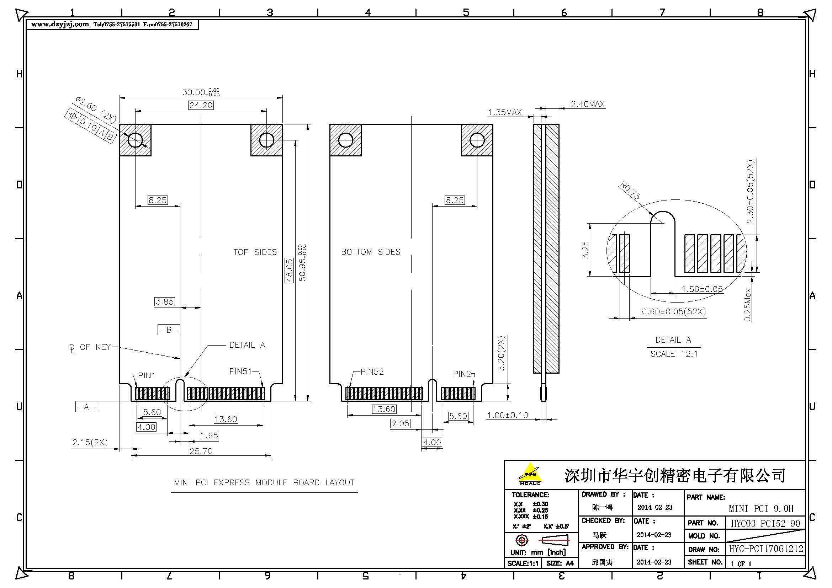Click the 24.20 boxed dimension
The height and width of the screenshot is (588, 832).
pos(201,105)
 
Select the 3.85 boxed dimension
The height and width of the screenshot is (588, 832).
pos(165,301)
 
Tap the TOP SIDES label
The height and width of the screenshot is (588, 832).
pos(255,252)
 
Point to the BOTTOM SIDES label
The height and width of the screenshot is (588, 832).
pos(370,252)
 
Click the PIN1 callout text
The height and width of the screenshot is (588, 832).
pos(147,375)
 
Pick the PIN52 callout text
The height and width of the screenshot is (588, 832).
pos(372,371)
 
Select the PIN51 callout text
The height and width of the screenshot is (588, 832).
pos(240,371)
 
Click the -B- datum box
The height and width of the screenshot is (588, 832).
pos(169,330)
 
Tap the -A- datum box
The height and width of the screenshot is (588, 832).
pos(86,407)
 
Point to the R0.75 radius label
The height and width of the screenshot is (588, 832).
pos(630,191)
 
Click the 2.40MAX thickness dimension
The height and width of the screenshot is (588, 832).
pos(587,104)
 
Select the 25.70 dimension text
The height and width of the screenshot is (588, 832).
pos(201,451)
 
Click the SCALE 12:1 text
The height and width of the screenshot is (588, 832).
pos(674,354)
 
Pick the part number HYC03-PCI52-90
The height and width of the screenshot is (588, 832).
pos(765,524)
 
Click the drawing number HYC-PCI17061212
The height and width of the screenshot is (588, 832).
pos(766,549)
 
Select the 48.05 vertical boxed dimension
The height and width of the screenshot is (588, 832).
pos(289,270)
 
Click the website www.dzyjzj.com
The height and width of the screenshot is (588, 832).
pos(60,24)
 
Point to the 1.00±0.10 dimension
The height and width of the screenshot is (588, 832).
pos(507,415)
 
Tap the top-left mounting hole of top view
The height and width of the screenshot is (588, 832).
pos(135,140)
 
